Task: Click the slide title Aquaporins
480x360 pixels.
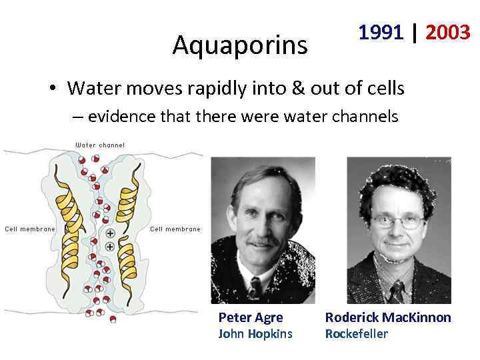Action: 240,45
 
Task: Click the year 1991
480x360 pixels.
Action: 381,31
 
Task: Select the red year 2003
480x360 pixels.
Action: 448,31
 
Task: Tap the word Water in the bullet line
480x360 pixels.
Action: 95,87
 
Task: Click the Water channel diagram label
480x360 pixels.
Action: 99,145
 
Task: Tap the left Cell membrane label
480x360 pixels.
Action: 30,229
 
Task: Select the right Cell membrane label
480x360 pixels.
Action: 175,229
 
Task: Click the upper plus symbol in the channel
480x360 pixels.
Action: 109,233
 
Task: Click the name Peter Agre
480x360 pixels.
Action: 251,318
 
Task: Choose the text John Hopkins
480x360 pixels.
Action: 255,334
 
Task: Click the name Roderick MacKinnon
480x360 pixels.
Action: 388,318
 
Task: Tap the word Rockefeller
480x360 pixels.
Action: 356,334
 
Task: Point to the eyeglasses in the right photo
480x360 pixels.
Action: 398,222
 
